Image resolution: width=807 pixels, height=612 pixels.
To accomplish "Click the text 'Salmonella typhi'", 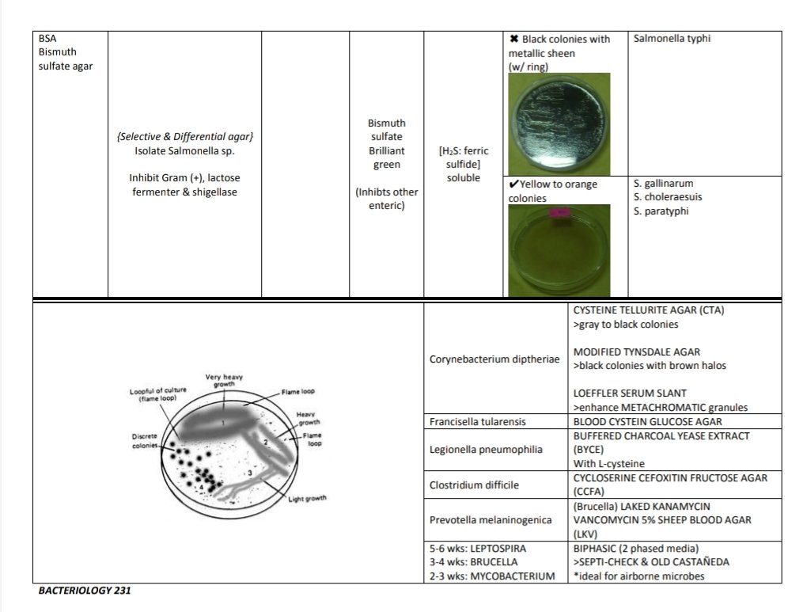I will [x=672, y=38].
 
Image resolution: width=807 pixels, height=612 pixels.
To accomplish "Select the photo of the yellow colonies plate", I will [x=559, y=250].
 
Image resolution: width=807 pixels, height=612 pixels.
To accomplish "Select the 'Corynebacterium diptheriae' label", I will [x=494, y=359].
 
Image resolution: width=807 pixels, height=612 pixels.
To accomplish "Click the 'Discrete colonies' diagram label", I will [x=146, y=441].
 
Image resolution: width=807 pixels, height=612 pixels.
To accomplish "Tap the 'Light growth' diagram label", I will [x=308, y=498].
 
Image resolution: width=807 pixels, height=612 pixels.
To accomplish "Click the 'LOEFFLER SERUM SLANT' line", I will [x=630, y=393].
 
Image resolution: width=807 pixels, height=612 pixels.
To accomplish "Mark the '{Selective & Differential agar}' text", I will [x=185, y=136].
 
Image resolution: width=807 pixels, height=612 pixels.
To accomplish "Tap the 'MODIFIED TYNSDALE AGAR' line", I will [x=636, y=352].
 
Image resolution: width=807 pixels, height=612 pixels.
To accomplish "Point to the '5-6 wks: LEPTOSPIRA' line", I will [x=475, y=548].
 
